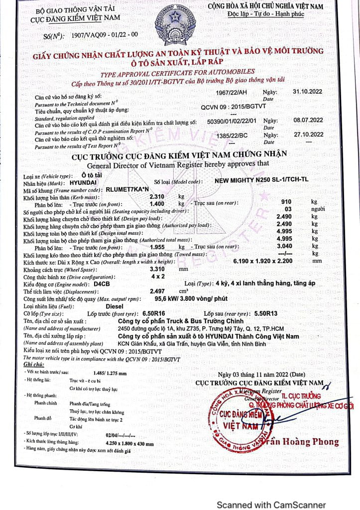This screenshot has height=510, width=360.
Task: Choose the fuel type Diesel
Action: (117, 306)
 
